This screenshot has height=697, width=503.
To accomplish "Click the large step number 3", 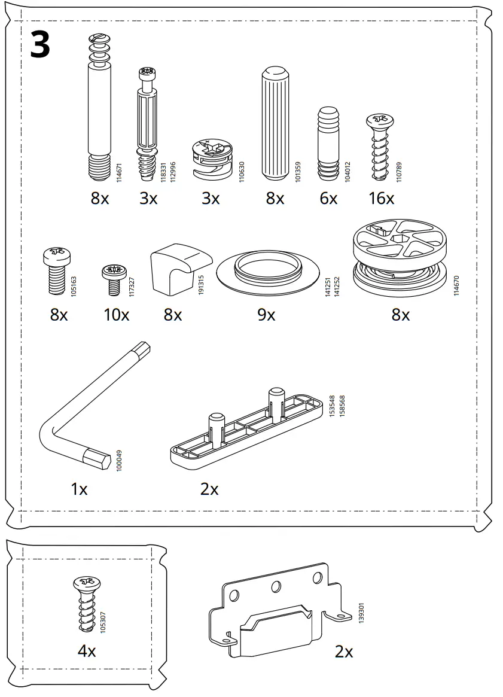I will (39, 45).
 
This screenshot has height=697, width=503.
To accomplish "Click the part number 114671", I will (119, 172).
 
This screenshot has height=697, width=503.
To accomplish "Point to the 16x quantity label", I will (381, 199).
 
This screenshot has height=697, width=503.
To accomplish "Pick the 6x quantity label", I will (328, 199).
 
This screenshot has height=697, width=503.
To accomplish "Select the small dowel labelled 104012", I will (328, 144).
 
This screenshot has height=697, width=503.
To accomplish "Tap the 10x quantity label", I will (116, 314).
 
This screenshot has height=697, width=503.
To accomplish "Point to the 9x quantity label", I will (266, 314).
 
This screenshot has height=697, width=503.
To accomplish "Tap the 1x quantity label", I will (79, 489).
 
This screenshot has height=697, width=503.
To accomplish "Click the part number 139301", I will (361, 614).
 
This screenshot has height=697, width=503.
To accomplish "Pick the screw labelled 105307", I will (87, 604).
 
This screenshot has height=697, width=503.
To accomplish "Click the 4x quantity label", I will (87, 651).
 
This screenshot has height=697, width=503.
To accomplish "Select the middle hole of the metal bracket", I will (276, 586).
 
